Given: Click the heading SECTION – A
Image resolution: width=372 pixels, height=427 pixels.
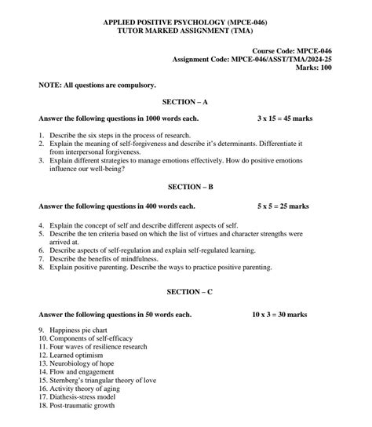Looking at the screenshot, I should coord(185,102).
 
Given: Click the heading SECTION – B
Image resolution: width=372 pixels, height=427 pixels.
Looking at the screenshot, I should coord(185,188).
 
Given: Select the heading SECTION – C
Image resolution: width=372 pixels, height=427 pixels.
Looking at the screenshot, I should coord(185,292).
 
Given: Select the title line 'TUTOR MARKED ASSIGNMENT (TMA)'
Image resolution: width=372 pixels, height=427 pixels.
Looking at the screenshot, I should coord(185,31).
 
